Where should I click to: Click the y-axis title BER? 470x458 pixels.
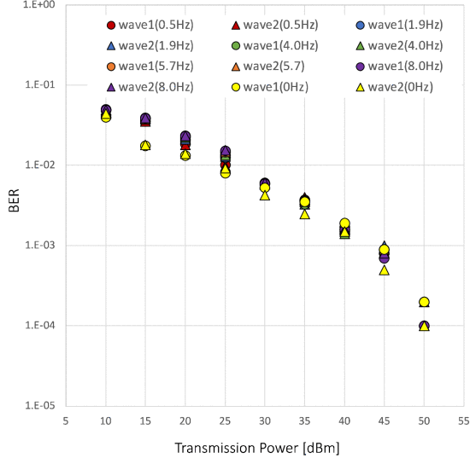pyautogui.click(x=14, y=205)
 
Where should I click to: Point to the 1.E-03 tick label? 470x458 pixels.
pyautogui.click(x=38, y=246)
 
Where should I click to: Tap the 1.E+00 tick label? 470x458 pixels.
pyautogui.click(x=38, y=5)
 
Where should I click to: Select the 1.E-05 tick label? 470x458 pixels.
pyautogui.click(x=38, y=406)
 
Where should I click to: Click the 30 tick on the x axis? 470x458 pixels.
pyautogui.click(x=265, y=420)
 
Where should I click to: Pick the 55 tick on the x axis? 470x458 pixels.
pyautogui.click(x=463, y=420)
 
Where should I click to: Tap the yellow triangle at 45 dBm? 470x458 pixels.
pyautogui.click(x=385, y=270)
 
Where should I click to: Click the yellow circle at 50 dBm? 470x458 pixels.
pyautogui.click(x=424, y=302)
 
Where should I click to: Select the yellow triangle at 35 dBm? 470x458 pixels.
pyautogui.click(x=305, y=214)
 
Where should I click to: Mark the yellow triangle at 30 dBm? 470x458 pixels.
pyautogui.click(x=265, y=195)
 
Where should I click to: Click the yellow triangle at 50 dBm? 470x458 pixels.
pyautogui.click(x=424, y=327)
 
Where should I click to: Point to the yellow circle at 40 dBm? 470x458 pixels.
pyautogui.click(x=344, y=223)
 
